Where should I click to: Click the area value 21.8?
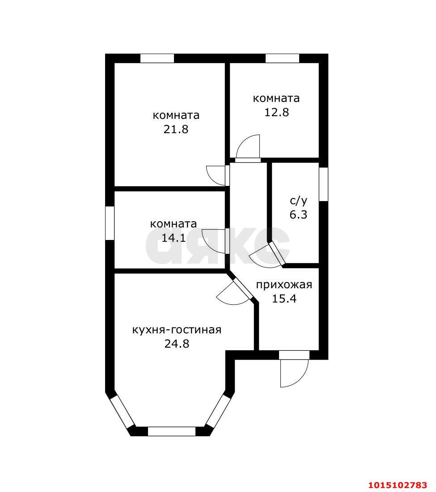click(176, 129)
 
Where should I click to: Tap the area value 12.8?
click(276, 112)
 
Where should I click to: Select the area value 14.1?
click(174, 238)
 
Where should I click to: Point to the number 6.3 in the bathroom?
click(298, 214)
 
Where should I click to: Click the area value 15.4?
click(284, 299)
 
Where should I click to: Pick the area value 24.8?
click(177, 344)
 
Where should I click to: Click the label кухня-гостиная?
click(177, 330)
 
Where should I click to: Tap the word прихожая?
click(284, 285)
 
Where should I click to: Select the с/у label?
click(299, 201)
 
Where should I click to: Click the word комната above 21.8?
click(176, 115)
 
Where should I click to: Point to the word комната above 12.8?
click(276, 98)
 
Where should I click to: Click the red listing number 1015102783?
click(398, 485)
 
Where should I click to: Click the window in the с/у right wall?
click(324, 184)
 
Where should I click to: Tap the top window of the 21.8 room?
click(157, 59)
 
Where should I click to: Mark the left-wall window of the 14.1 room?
click(110, 223)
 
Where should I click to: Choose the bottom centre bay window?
click(171, 431)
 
